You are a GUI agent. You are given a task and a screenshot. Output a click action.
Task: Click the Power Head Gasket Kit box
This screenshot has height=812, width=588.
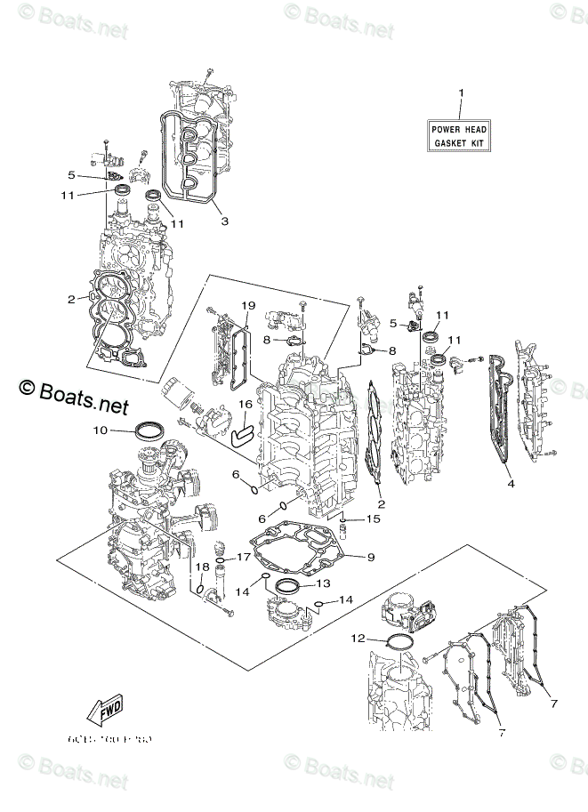point(460,135)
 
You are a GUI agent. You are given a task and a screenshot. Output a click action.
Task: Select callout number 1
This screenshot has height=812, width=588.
point(461,93)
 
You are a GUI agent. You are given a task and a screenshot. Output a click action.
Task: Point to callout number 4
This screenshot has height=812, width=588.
point(511,484)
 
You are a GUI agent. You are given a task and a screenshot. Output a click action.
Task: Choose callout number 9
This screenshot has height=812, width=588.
point(371,557)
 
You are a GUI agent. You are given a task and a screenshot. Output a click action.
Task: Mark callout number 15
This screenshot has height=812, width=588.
point(374,518)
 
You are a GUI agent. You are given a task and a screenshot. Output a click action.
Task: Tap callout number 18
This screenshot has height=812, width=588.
point(202,567)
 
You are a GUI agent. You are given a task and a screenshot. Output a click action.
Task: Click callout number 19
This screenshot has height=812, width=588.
point(248,306)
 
